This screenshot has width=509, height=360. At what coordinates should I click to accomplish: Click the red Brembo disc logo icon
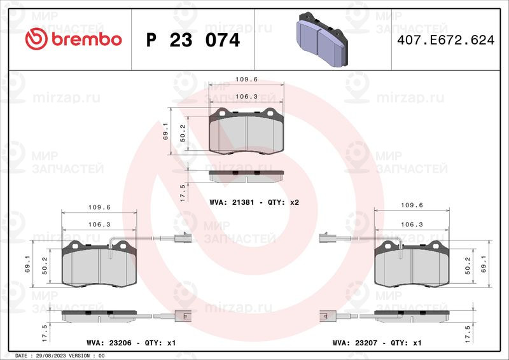[x=36, y=39]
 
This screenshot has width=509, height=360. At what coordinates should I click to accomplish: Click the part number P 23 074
[x=193, y=40]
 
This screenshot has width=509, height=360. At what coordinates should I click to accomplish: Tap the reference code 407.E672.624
[x=446, y=40]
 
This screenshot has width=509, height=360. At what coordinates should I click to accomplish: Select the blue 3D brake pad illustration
[x=322, y=39]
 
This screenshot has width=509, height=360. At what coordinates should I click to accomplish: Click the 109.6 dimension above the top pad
[x=246, y=80]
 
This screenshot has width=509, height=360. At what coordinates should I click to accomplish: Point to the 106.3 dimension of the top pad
[x=246, y=97]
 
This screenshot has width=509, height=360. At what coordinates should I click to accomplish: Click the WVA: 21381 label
[x=232, y=202]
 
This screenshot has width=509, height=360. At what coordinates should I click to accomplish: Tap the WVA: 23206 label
[x=109, y=343]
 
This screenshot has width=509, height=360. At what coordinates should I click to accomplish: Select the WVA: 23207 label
[x=355, y=343]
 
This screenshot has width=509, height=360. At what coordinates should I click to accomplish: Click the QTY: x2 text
[x=283, y=202]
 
